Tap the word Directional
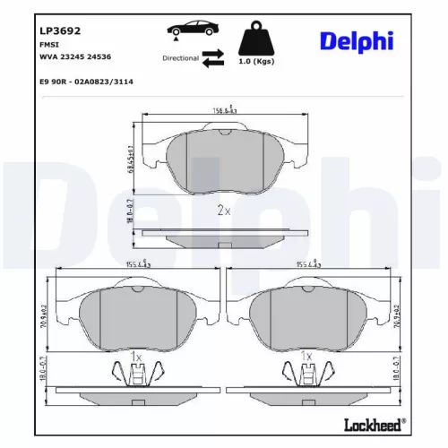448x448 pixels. click(x=181, y=57)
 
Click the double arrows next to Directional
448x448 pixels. click(x=212, y=58)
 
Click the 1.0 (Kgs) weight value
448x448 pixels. click(x=257, y=61)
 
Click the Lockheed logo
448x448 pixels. click(x=375, y=421)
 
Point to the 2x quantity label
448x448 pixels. click(x=224, y=211)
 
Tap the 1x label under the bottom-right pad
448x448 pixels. click(x=308, y=357)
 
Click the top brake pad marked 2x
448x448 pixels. click(x=224, y=161)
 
